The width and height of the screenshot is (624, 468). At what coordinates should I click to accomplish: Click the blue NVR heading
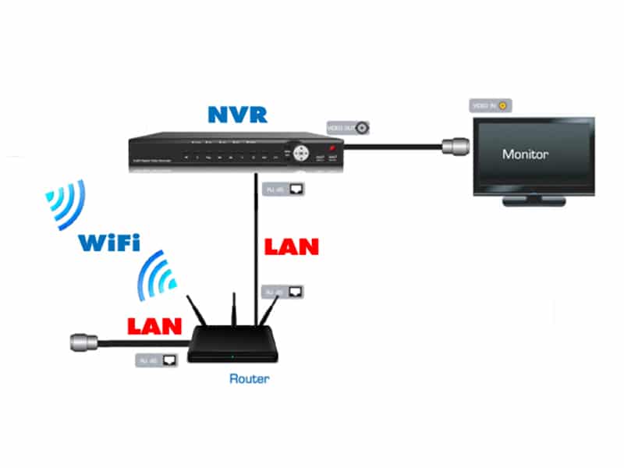coord(237,115)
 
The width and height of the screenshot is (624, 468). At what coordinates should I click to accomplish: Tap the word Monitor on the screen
coord(524,154)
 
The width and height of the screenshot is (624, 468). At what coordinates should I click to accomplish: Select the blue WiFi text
coord(109,241)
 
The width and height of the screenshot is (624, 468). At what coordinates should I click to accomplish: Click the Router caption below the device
coord(249,380)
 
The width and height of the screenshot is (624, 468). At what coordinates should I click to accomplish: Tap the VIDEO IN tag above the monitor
coord(489,105)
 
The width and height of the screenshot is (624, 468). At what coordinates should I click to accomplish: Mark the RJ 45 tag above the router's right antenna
coord(283,292)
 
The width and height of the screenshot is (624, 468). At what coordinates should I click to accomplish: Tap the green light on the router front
coord(232,356)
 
